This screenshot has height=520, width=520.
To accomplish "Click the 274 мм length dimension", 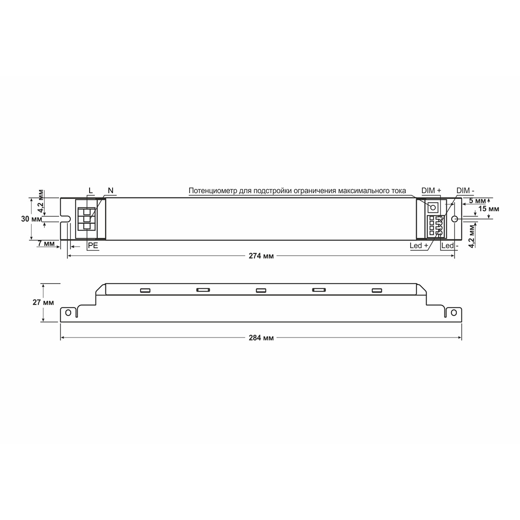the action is (261, 256).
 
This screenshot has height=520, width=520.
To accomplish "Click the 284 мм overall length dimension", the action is (261, 338).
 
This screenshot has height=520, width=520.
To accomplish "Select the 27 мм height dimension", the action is (43, 302).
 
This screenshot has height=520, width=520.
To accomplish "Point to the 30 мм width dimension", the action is (31, 219).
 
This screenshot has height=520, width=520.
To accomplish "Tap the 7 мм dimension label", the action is (46, 244).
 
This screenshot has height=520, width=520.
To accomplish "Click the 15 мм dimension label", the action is (489, 209).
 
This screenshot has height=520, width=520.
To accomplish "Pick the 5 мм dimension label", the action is (477, 201).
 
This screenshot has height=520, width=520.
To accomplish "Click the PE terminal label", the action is (93, 246).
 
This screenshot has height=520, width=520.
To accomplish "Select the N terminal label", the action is (110, 190).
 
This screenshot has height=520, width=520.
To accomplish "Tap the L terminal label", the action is (91, 190).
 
